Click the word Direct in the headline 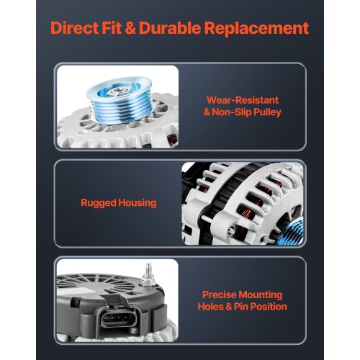[x=74, y=28]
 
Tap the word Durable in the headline [x=170, y=28]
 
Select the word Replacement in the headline [x=256, y=28]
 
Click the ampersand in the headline [x=130, y=28]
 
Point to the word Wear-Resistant [x=243, y=100]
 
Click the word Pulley [x=267, y=112]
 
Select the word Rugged [x=99, y=203]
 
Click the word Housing [x=138, y=203]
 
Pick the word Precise [x=220, y=294]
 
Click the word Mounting [x=261, y=295]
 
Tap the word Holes [x=210, y=307]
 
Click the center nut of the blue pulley [x=117, y=91]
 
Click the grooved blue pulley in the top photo [x=120, y=100]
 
